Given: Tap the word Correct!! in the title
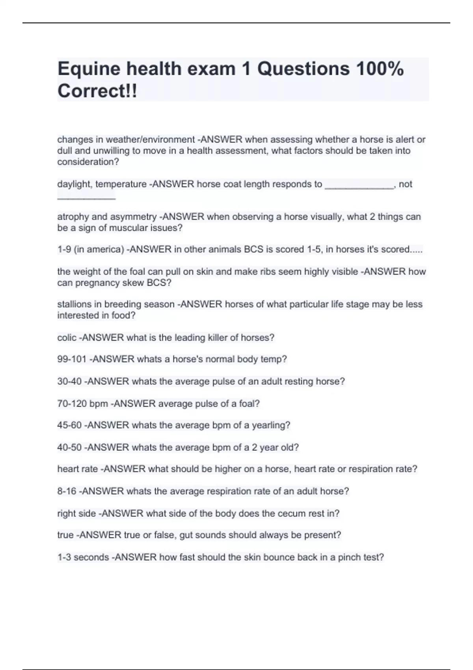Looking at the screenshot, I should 97,91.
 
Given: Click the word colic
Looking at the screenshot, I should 67,337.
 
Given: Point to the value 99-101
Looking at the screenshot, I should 72,359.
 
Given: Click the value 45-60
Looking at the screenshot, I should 69,425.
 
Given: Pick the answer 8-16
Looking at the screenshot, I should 67,491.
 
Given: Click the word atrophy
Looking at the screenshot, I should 73,216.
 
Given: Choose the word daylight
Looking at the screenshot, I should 74,184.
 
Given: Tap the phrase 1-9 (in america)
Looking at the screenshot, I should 91,249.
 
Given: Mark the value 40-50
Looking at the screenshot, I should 69,447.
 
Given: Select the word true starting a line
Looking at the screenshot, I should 65,535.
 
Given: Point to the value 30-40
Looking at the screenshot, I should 69,382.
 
